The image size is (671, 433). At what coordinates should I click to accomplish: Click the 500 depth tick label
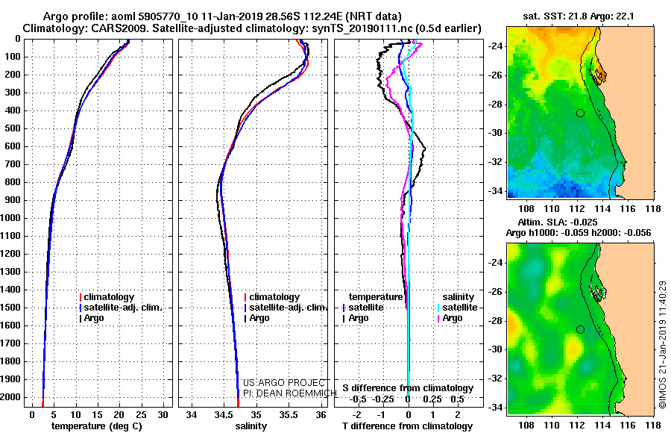click(12, 128)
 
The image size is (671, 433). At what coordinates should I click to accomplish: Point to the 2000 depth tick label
click(10, 397)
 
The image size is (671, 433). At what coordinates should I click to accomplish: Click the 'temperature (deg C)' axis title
click(97, 426)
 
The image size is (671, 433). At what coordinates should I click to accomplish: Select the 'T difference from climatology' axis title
click(407, 426)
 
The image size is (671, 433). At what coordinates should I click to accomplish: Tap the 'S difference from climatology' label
click(408, 388)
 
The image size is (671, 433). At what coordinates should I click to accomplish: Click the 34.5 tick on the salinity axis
click(224, 415)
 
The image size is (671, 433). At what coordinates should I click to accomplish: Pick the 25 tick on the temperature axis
click(141, 415)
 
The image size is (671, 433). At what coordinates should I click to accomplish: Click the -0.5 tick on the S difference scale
click(358, 399)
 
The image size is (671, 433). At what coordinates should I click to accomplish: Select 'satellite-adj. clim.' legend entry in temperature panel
click(121, 308)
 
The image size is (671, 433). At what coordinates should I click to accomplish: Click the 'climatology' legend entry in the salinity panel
click(271, 297)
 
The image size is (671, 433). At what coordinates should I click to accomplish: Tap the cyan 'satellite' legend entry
click(456, 308)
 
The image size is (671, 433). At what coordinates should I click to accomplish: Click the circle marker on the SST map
click(580, 113)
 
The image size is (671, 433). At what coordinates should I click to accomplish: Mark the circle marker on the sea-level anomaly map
click(580, 330)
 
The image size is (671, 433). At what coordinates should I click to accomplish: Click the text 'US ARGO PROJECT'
click(284, 383)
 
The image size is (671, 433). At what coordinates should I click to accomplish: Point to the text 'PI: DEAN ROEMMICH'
click(290, 393)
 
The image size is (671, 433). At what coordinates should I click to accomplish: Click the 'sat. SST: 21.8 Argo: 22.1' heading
click(578, 16)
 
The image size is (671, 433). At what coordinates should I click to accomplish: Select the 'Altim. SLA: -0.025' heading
click(558, 222)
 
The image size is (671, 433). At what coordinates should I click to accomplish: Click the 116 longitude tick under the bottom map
click(628, 425)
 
